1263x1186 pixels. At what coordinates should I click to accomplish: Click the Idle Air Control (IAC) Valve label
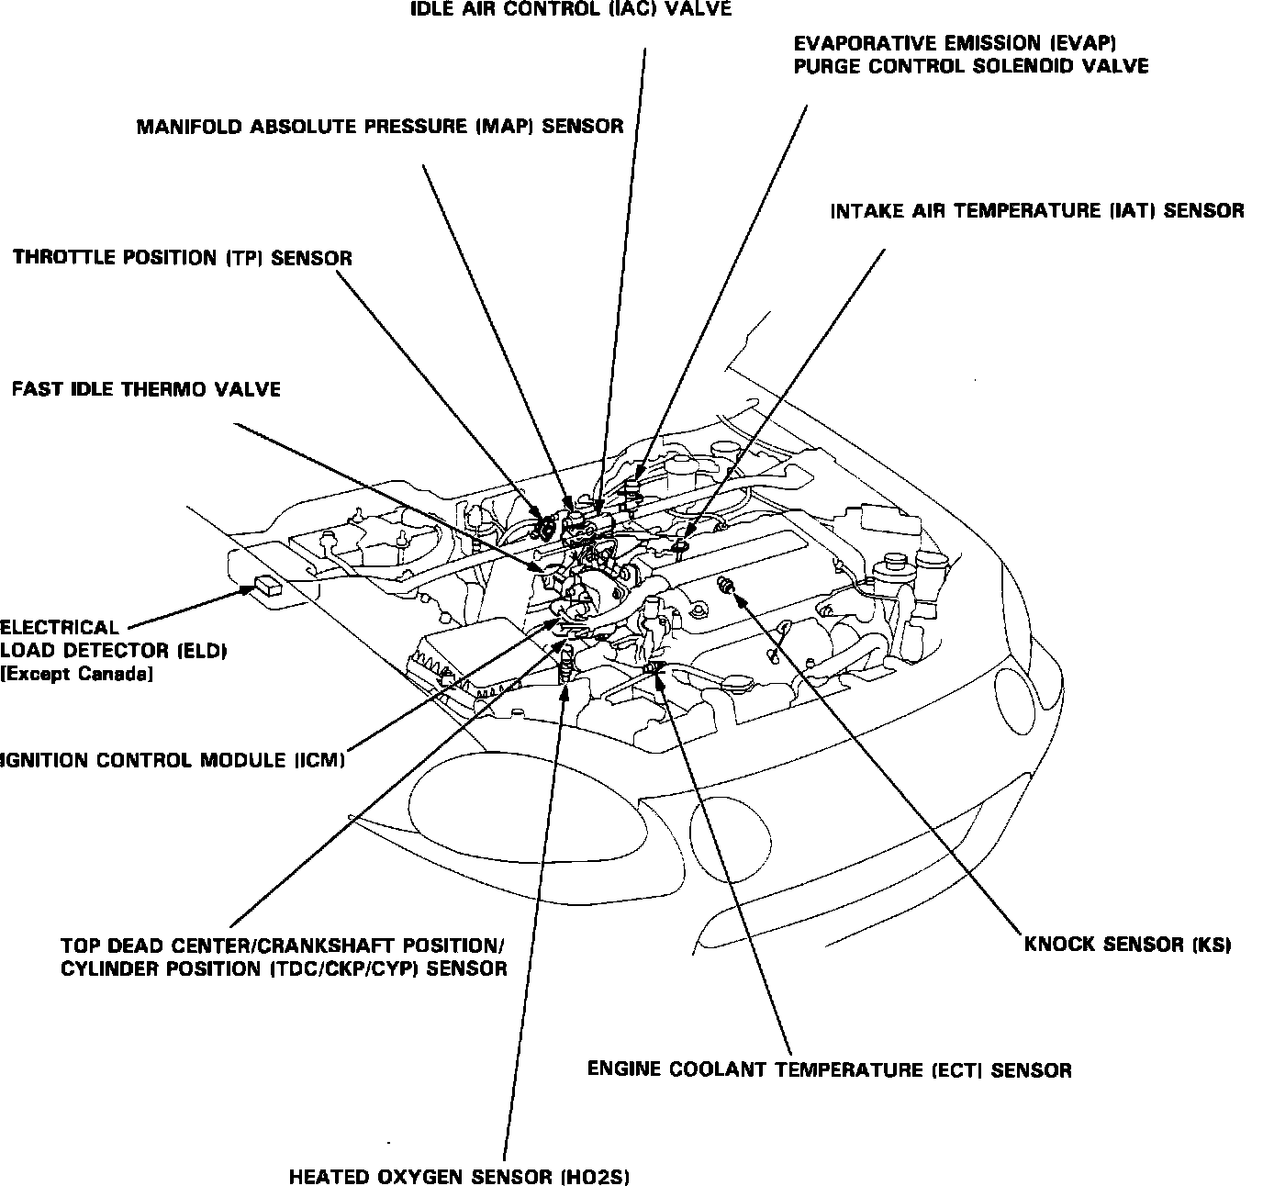pyautogui.click(x=570, y=10)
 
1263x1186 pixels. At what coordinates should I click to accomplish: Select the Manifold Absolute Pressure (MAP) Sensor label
pyautogui.click(x=380, y=127)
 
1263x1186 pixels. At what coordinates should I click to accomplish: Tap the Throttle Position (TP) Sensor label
pyautogui.click(x=183, y=258)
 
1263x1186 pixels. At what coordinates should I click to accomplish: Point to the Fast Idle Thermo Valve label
pyautogui.click(x=146, y=389)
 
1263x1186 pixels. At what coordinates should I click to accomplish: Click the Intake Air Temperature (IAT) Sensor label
pyautogui.click(x=1037, y=211)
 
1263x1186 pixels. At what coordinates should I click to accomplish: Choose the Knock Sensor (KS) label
pyautogui.click(x=1126, y=945)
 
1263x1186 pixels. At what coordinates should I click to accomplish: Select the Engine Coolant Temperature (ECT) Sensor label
pyautogui.click(x=829, y=1069)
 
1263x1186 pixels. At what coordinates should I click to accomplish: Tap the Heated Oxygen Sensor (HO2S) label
pyautogui.click(x=459, y=1177)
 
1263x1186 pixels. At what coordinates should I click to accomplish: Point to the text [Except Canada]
pyautogui.click(x=76, y=675)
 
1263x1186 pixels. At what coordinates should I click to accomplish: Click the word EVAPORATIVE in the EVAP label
pyautogui.click(x=866, y=43)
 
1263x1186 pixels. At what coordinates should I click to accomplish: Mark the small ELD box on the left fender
pyautogui.click(x=269, y=585)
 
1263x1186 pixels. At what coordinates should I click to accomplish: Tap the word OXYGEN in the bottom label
pyautogui.click(x=418, y=1177)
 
